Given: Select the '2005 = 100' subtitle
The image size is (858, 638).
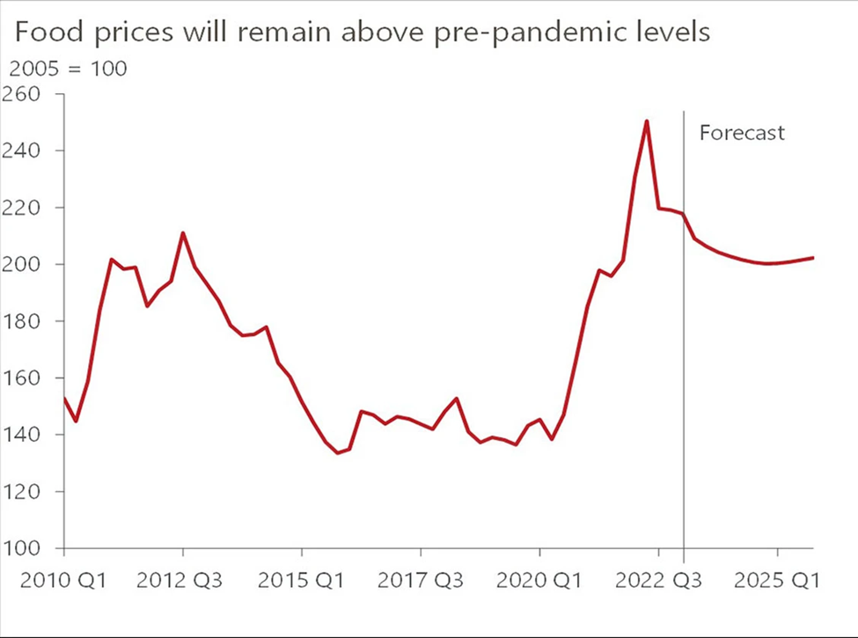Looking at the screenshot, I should [x=68, y=68].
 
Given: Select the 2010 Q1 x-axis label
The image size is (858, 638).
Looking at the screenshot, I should [x=63, y=581].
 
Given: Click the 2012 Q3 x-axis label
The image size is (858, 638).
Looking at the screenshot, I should [x=182, y=581].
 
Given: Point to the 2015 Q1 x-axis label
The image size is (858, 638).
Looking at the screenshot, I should [x=302, y=581].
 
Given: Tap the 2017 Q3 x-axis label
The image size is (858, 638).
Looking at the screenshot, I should [x=421, y=581].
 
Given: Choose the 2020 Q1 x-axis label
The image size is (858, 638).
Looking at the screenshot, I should [x=539, y=581].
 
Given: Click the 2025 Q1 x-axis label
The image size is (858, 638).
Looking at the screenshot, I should [x=777, y=581].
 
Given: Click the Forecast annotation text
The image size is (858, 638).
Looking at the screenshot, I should [x=741, y=134].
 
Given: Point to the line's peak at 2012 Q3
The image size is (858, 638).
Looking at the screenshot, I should [x=182, y=233].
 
